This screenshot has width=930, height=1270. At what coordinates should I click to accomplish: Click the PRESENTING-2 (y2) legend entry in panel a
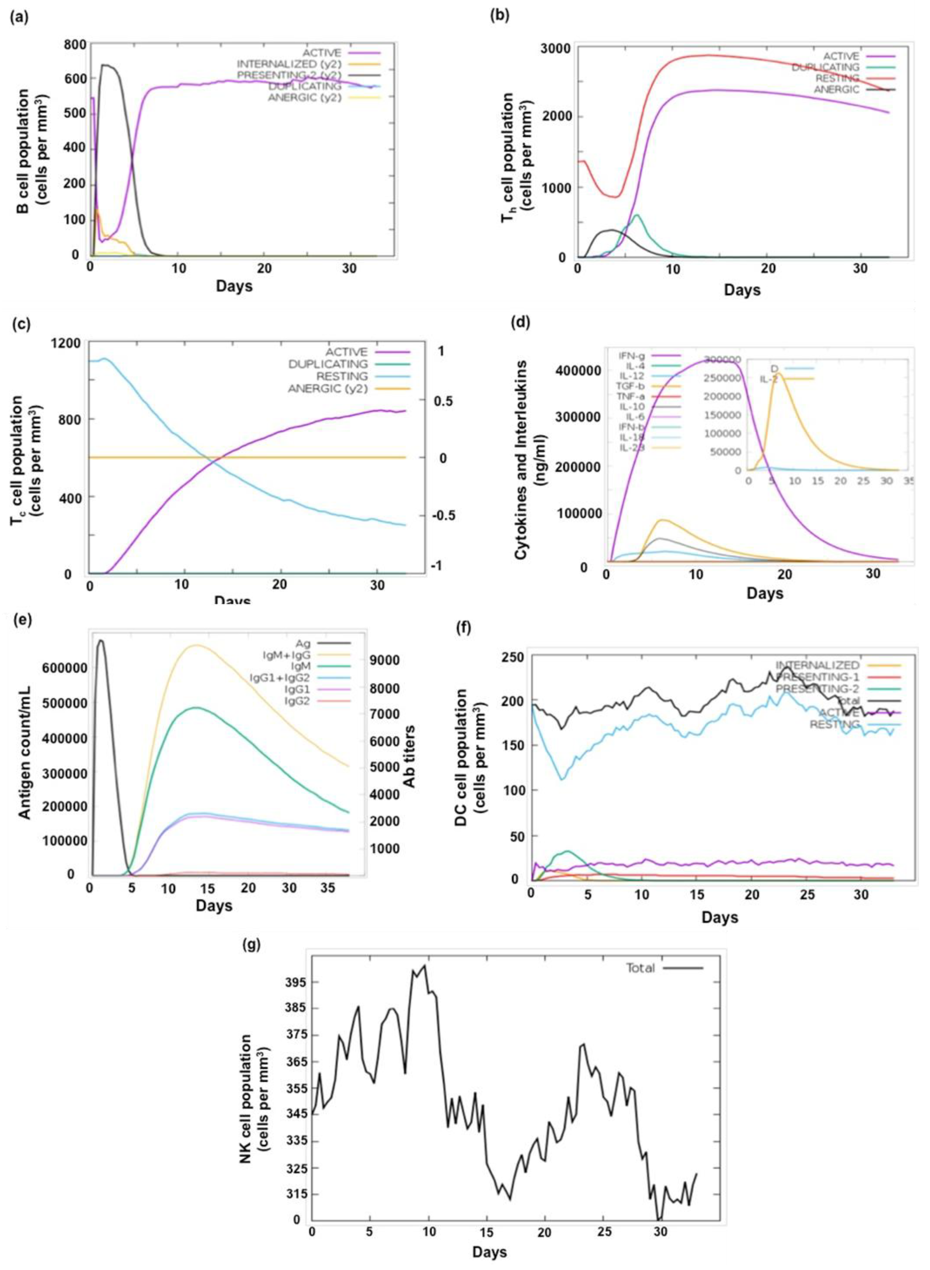[289, 75]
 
